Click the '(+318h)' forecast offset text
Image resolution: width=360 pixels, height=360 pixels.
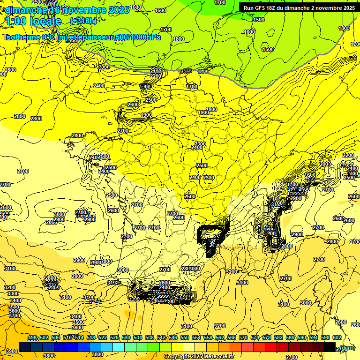pyautogui.click(x=83, y=21)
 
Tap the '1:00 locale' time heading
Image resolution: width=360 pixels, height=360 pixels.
pyautogui.click(x=33, y=21)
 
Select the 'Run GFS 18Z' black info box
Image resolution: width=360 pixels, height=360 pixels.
pyautogui.click(x=299, y=7)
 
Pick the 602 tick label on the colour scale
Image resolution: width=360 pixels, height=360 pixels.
pyautogui.click(x=337, y=338)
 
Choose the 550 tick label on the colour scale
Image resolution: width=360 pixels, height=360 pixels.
pyautogui.click(x=185, y=338)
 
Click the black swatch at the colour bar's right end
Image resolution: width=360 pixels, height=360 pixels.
pyautogui.click(x=329, y=347)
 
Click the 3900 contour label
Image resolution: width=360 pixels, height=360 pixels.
pyautogui.click(x=11, y=351)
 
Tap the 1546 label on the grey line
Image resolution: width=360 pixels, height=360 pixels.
pyautogui.click(x=186, y=71)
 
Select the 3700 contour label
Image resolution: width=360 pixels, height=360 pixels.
pyautogui.click(x=14, y=315)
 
